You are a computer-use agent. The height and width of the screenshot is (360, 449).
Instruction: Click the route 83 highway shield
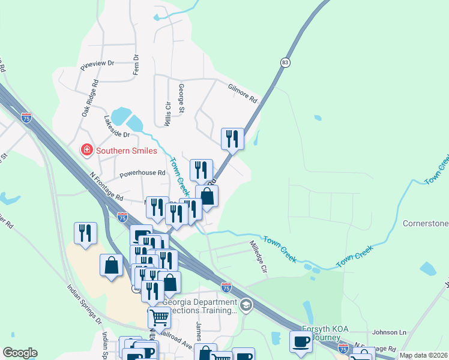pos(285,62)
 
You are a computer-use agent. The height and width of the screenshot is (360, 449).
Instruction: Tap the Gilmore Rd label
pos(243,92)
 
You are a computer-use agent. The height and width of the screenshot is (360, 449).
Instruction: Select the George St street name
pos(181,98)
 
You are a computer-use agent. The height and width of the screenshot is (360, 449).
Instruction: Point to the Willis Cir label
pos(167,113)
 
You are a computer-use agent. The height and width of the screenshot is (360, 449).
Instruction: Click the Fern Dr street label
pos(136,65)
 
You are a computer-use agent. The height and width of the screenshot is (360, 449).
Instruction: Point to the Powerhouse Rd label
pos(142,173)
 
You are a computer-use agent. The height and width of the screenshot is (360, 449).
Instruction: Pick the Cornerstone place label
pos(425,224)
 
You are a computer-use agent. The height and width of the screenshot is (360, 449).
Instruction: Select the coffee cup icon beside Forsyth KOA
pos(301,342)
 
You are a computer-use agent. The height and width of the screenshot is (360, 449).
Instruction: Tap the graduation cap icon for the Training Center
pos(246,306)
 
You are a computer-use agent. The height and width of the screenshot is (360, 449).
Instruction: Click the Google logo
pos(20,353)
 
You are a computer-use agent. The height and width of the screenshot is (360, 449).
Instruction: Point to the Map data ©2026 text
pos(423,355)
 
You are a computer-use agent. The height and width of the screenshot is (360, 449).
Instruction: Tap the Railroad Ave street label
pos(176,340)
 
